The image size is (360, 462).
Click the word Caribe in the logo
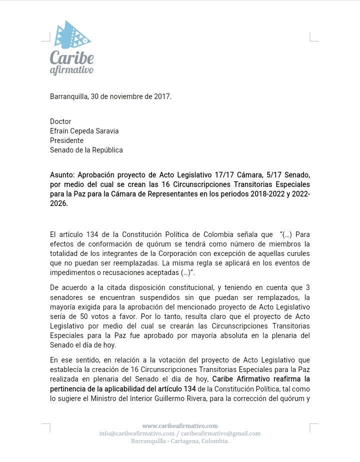click(x=71, y=57)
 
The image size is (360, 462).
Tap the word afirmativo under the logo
click(x=71, y=70)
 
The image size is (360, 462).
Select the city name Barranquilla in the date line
click(x=68, y=96)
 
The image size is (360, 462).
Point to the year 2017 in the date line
click(x=161, y=96)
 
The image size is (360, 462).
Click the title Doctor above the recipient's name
click(x=60, y=121)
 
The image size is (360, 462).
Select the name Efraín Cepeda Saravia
click(x=84, y=131)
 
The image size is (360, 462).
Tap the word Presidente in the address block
click(x=66, y=140)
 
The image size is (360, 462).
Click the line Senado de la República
click(x=86, y=150)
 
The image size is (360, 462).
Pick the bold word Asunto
click(x=61, y=175)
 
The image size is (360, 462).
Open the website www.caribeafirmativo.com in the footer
click(x=180, y=426)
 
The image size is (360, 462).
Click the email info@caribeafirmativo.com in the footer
click(x=136, y=433)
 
